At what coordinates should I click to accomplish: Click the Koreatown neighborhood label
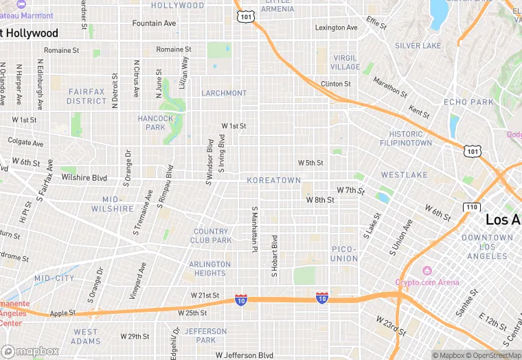click(x=273, y=180)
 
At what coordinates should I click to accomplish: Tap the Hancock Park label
click(x=156, y=122)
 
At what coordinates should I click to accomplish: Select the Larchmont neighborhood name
click(x=224, y=93)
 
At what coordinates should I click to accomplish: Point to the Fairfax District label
click(x=87, y=96)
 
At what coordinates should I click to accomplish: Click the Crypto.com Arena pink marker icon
click(x=427, y=271)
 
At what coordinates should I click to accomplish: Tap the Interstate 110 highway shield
click(x=470, y=207)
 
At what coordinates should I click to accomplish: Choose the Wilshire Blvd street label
click(x=84, y=177)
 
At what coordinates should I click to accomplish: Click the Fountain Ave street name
click(x=154, y=23)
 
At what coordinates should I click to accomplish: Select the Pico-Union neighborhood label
click(x=344, y=254)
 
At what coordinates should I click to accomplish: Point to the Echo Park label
click(x=468, y=102)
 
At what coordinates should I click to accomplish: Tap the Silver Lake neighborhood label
click(x=418, y=45)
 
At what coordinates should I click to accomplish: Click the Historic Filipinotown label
click(x=406, y=138)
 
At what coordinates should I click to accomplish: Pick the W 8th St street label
click(x=320, y=200)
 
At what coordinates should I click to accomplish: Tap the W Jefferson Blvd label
click(x=244, y=355)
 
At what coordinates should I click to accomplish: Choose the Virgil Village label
click(x=345, y=63)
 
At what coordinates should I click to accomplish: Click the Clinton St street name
click(x=336, y=84)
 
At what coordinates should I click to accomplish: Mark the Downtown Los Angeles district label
click(x=487, y=247)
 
